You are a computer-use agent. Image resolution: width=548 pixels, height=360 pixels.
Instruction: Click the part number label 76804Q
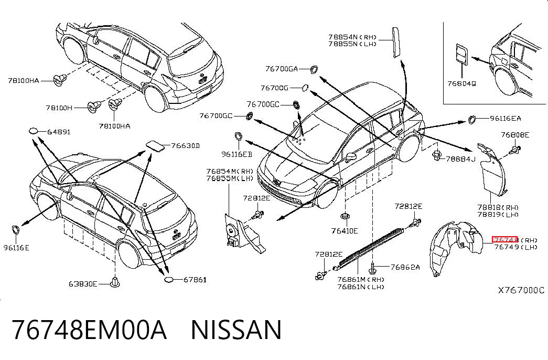click(x=461, y=83)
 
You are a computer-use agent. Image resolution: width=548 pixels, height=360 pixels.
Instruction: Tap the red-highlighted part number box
click(x=504, y=239)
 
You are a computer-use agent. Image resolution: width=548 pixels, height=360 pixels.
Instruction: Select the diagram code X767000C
click(x=521, y=290)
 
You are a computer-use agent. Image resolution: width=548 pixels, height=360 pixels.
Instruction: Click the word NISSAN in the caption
click(x=237, y=330)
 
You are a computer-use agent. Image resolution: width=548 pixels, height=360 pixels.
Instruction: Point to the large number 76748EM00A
click(x=90, y=330)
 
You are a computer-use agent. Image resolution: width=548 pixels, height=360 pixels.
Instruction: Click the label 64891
click(x=59, y=132)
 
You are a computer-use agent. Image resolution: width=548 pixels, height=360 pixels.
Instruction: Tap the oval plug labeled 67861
click(x=169, y=279)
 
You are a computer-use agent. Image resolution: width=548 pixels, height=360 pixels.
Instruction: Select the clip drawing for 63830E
click(x=115, y=282)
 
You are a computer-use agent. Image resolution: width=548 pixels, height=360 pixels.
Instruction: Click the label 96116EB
click(x=237, y=154)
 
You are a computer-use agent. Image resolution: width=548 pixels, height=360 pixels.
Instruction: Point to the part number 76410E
click(x=345, y=231)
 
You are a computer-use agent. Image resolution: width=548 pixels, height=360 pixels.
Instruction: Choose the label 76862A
click(x=405, y=267)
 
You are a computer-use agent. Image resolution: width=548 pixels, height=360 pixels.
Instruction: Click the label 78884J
click(x=460, y=159)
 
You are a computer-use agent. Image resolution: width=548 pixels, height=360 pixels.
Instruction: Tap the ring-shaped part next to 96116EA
click(x=472, y=119)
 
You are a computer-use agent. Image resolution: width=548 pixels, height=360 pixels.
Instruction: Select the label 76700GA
click(x=282, y=69)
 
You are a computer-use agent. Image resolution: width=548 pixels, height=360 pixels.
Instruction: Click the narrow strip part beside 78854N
click(x=396, y=43)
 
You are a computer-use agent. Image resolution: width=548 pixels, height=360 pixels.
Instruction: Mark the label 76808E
click(x=515, y=135)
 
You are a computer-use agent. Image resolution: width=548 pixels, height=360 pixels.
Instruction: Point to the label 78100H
click(x=59, y=108)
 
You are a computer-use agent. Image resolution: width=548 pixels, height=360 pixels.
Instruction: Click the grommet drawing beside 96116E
click(x=16, y=230)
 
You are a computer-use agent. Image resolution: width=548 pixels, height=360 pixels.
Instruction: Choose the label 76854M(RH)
click(x=230, y=171)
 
